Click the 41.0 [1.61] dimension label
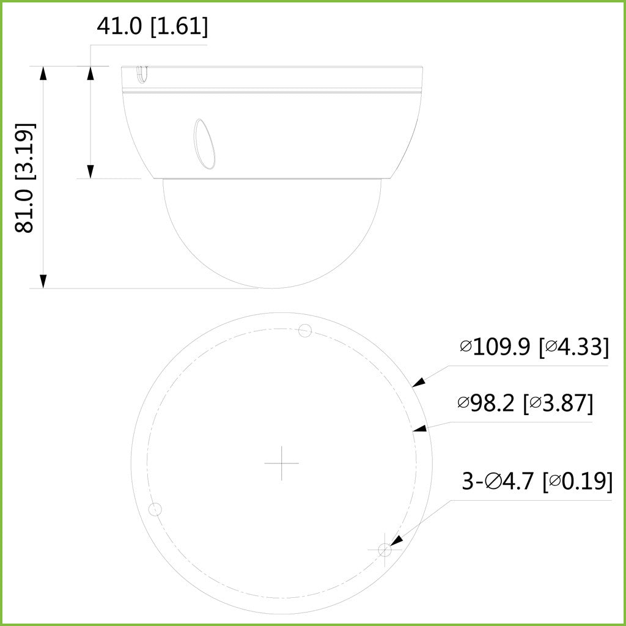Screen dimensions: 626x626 [152, 26]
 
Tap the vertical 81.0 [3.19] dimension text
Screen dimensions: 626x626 [25, 177]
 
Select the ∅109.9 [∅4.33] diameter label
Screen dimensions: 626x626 [534, 347]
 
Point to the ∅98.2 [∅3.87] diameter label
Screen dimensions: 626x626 [525, 403]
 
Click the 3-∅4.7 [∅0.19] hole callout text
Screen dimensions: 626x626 [537, 481]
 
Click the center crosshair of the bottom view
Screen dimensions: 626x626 [281, 463]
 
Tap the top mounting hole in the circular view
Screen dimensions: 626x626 [305, 331]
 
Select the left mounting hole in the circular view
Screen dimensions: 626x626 [155, 509]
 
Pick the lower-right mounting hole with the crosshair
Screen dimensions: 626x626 [385, 550]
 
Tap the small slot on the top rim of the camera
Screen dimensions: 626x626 [141, 74]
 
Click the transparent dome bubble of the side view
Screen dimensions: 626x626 [272, 232]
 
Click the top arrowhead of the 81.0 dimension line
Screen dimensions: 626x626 [43, 73]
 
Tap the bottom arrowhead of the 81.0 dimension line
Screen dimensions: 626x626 [43, 281]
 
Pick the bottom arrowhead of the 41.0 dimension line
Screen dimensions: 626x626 [90, 171]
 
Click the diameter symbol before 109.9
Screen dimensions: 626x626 [466, 347]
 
